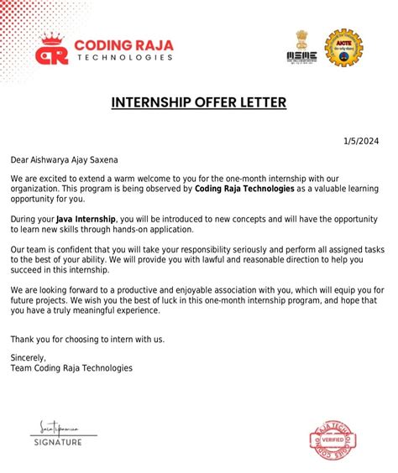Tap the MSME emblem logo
302,47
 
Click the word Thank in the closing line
22,339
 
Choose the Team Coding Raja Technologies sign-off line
71,367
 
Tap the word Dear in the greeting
20,159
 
